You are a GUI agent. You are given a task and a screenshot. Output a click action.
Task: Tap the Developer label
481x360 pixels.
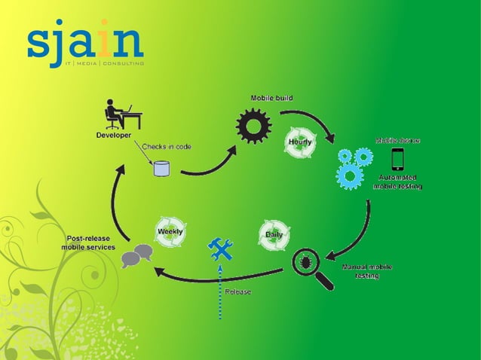113,136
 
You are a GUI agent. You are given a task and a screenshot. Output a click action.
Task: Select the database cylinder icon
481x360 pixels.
161,168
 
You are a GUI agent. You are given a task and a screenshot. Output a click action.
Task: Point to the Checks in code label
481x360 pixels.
167,146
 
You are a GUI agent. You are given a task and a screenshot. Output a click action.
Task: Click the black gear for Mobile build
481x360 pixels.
253,126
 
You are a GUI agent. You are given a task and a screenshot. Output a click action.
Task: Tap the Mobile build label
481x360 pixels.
271,98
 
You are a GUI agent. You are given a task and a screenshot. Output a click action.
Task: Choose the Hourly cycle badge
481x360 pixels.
300,142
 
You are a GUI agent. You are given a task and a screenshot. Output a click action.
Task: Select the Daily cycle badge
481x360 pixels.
274,235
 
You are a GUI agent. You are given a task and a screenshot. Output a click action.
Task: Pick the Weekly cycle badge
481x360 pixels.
169,232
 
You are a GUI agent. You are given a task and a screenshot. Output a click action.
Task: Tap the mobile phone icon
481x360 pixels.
397,159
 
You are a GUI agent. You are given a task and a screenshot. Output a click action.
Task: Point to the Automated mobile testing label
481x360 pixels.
398,182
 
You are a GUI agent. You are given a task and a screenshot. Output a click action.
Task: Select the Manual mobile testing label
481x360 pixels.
367,271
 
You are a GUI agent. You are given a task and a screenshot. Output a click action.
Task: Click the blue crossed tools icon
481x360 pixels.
220,249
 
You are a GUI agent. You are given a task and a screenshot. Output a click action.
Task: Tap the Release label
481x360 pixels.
238,291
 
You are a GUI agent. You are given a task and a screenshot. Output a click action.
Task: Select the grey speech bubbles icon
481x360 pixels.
136,256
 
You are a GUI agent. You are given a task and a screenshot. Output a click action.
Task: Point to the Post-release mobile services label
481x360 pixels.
88,243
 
